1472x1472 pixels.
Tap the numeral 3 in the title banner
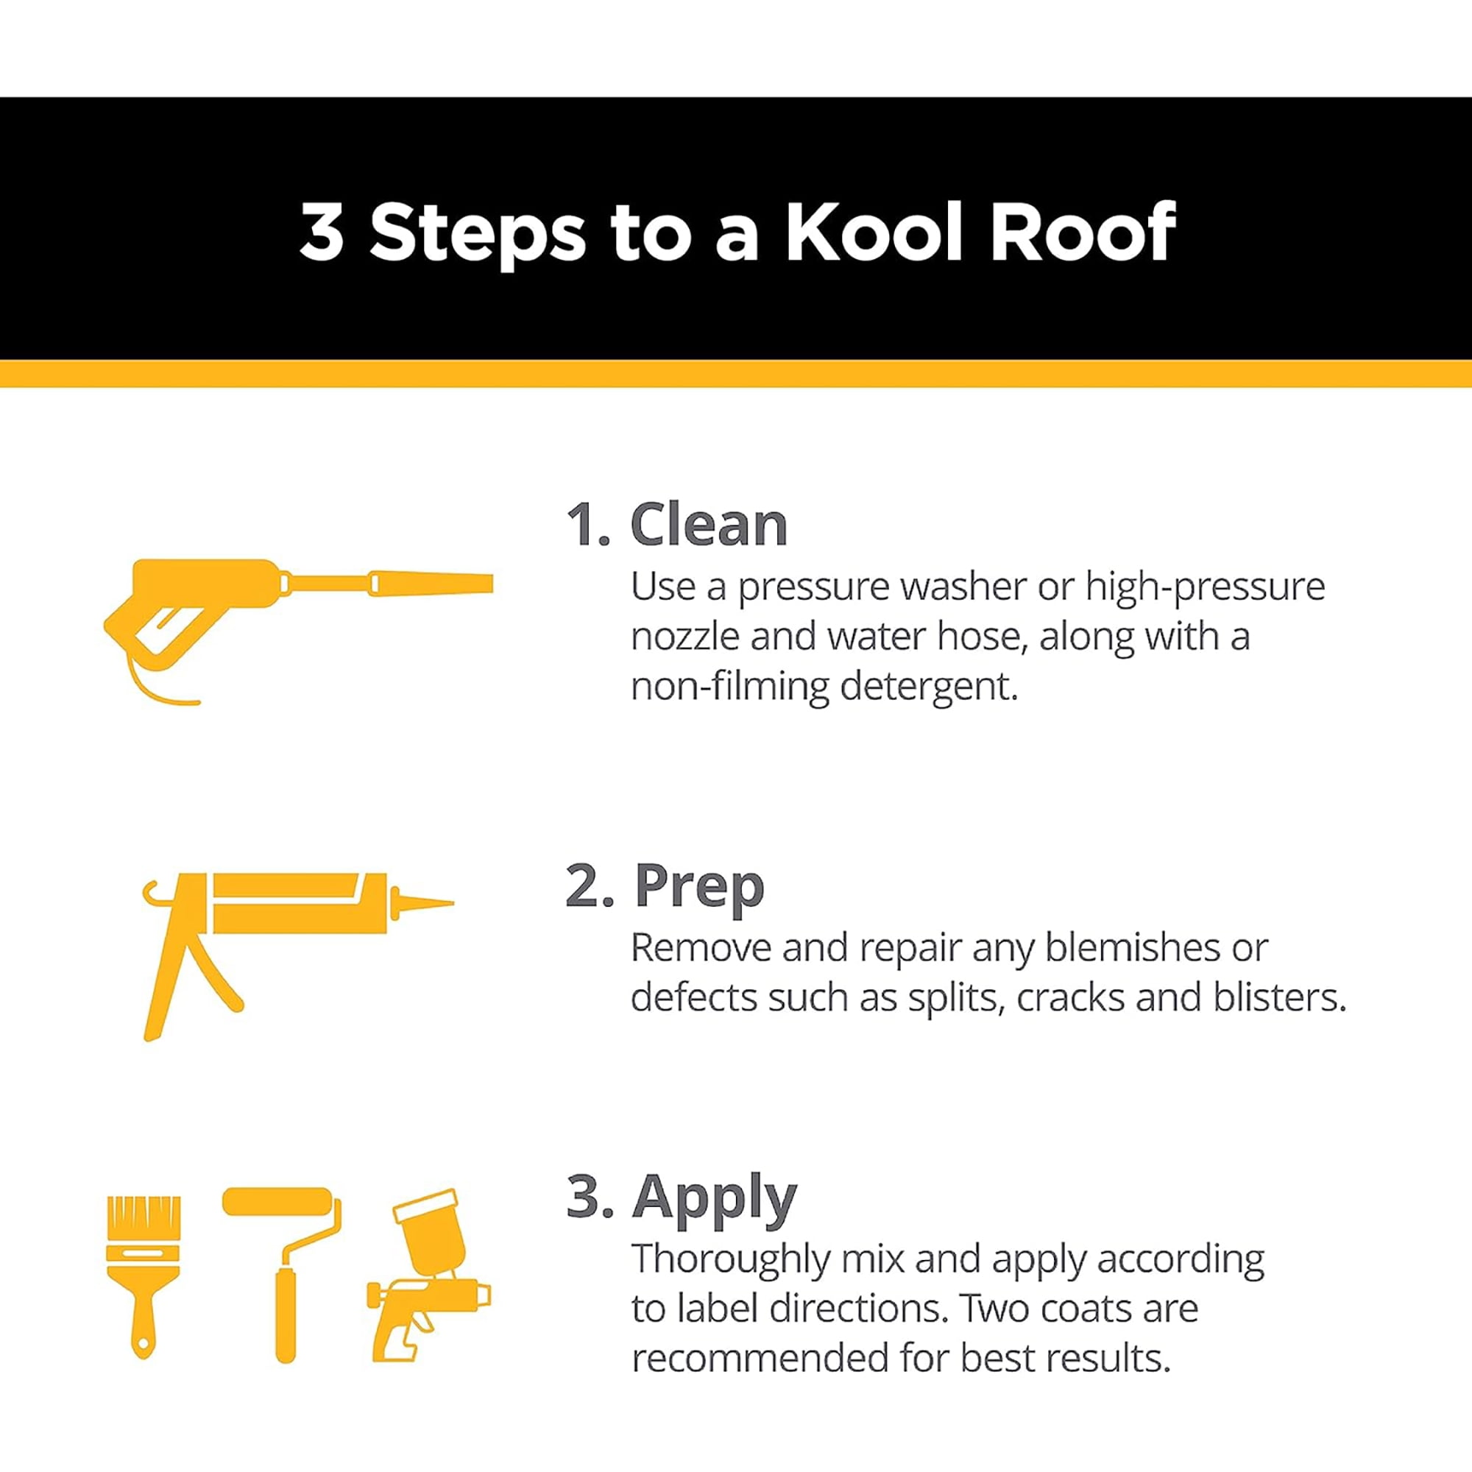click(322, 232)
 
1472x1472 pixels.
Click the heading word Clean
click(709, 525)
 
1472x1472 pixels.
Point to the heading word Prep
click(698, 886)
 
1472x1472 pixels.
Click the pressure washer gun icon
click(298, 631)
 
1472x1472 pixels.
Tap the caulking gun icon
click(298, 956)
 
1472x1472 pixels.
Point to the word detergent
click(929, 687)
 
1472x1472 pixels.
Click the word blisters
click(1280, 997)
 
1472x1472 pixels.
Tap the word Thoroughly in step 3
click(731, 1261)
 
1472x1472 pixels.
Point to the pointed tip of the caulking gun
click(454, 904)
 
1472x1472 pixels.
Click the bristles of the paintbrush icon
click(144, 1218)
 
